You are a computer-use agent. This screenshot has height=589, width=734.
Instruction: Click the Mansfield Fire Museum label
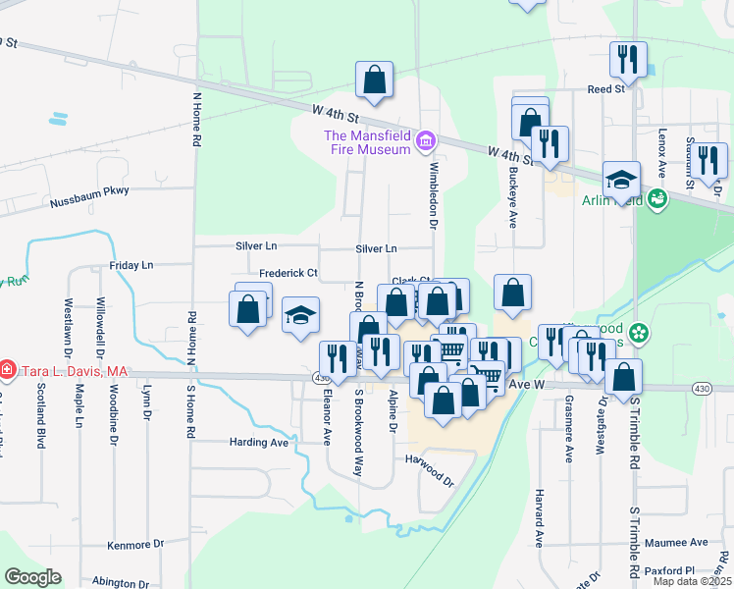(x=367, y=142)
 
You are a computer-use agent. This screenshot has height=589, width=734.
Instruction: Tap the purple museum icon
(x=425, y=142)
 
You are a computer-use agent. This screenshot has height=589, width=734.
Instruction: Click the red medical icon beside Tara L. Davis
(x=7, y=371)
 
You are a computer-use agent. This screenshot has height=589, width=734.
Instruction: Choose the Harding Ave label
(x=259, y=443)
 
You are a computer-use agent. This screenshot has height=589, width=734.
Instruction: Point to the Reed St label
(x=605, y=89)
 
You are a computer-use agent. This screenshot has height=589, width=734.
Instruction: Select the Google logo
(x=31, y=577)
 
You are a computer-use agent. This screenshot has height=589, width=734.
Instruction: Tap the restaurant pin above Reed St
(x=627, y=61)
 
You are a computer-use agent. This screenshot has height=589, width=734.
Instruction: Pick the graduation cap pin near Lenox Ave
(x=621, y=181)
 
